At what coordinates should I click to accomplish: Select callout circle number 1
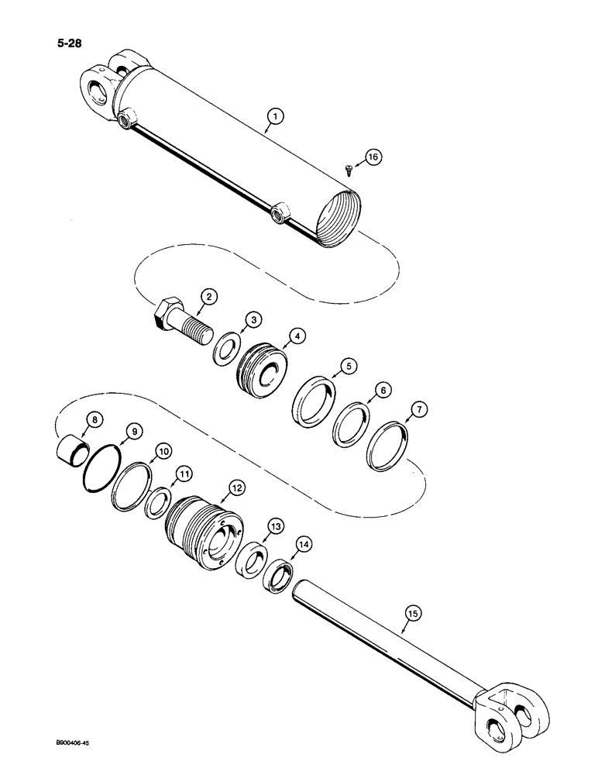(x=273, y=118)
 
